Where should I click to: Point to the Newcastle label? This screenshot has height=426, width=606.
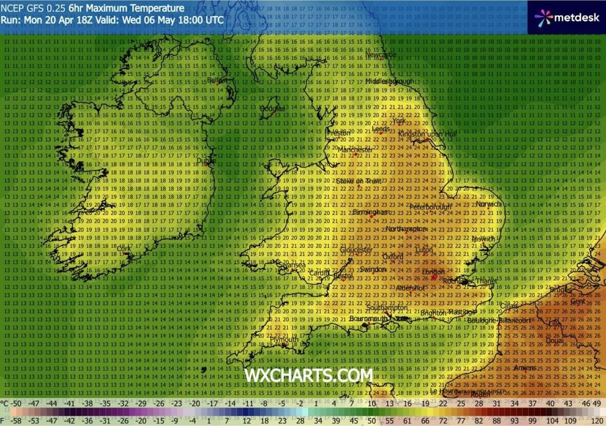click(x=380, y=55)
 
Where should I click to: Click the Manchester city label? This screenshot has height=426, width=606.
click(x=355, y=150)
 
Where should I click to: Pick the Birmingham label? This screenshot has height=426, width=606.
click(x=371, y=212)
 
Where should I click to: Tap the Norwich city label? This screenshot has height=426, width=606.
click(x=489, y=204)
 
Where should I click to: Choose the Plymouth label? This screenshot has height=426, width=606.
click(x=283, y=339)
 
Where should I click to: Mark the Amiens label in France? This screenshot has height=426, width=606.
click(x=525, y=368)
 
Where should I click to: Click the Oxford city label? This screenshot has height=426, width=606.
click(x=392, y=257)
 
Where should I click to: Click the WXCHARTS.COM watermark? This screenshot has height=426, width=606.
click(x=309, y=375)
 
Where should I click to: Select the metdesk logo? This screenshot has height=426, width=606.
click(x=567, y=17)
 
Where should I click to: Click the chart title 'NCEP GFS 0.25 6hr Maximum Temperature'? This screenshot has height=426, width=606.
click(x=92, y=8)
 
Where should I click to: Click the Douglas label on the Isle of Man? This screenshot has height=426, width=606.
click(x=273, y=108)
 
